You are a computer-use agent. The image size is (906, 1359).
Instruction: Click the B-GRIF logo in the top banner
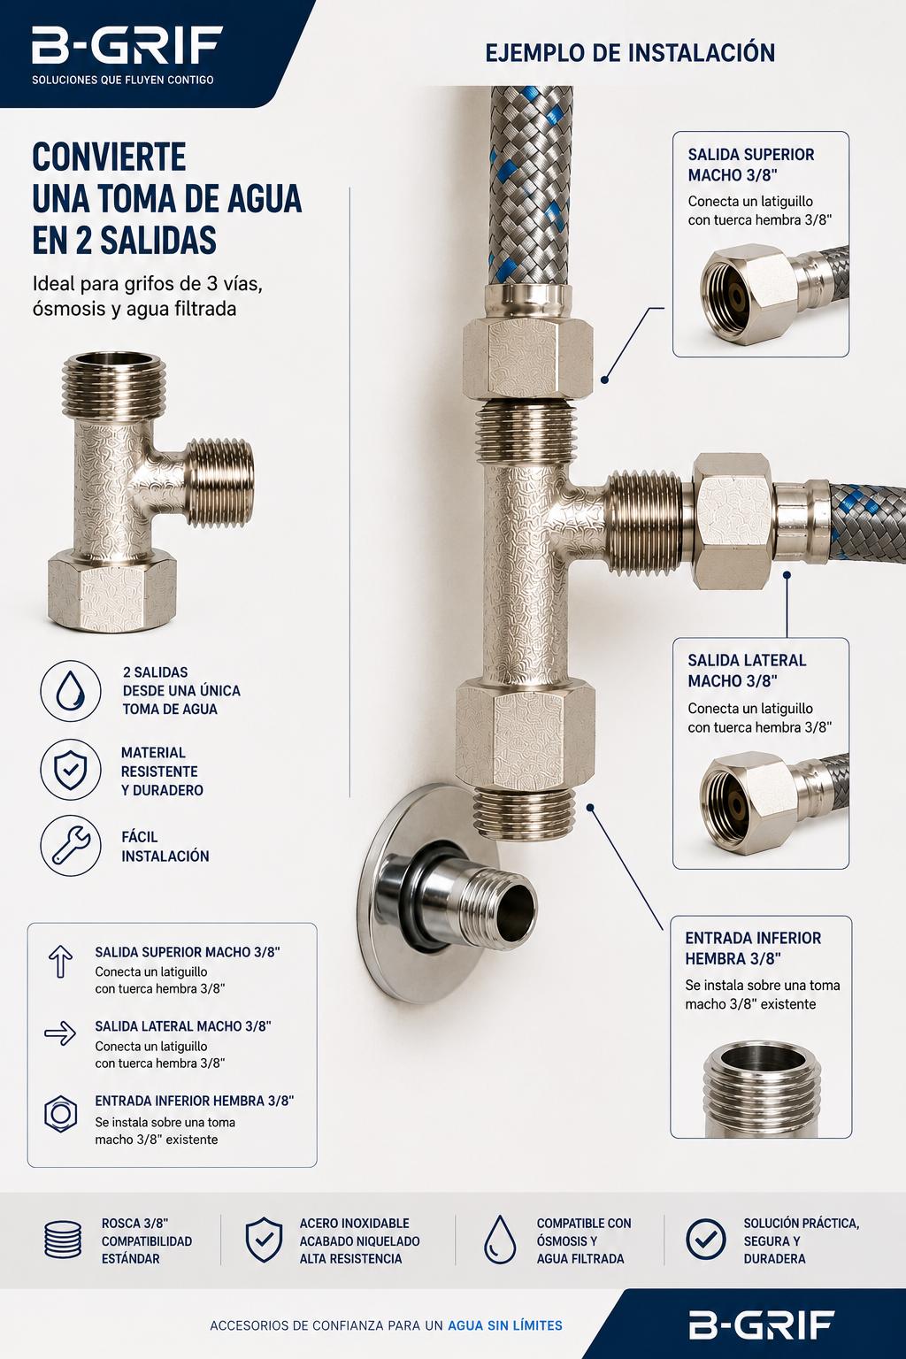coord(127,45)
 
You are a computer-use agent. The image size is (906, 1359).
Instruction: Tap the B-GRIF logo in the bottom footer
coord(762,1325)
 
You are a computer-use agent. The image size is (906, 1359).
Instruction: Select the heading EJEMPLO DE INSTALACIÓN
coord(630,53)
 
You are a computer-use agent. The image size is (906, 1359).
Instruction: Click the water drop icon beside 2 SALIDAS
coord(71,691)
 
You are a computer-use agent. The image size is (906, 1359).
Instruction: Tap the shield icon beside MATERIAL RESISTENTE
coord(71,769)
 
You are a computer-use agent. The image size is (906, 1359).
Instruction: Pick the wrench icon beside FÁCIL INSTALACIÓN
coord(71,846)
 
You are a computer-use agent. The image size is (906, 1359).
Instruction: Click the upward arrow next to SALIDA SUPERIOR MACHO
coord(61,961)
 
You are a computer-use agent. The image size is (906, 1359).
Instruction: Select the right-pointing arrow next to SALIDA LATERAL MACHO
coord(60,1033)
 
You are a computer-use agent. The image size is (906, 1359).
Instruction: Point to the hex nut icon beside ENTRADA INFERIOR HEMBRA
coord(61,1113)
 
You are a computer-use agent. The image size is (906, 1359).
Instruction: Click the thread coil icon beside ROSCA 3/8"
coord(63,1239)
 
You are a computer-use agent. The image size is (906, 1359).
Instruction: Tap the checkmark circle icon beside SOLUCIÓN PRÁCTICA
coord(705,1239)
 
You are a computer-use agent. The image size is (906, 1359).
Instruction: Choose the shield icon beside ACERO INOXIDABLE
coord(264,1239)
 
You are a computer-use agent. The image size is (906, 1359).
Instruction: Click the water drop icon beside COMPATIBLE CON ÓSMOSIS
coord(500,1239)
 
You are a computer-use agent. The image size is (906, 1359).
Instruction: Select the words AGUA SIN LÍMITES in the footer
coord(505,1325)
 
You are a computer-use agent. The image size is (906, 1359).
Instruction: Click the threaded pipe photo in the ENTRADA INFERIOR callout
coord(762,1089)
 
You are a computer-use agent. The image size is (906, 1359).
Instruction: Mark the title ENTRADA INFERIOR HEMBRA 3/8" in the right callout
coord(753,948)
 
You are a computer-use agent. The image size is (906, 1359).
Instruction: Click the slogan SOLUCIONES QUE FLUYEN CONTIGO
coord(123,80)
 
